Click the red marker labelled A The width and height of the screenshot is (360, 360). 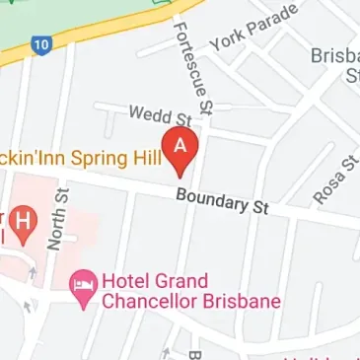[180, 145]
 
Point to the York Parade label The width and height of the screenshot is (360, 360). [240, 29]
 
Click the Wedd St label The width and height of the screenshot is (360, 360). [151, 116]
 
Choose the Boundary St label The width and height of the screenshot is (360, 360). [222, 201]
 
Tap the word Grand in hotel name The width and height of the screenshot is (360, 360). [181, 281]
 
